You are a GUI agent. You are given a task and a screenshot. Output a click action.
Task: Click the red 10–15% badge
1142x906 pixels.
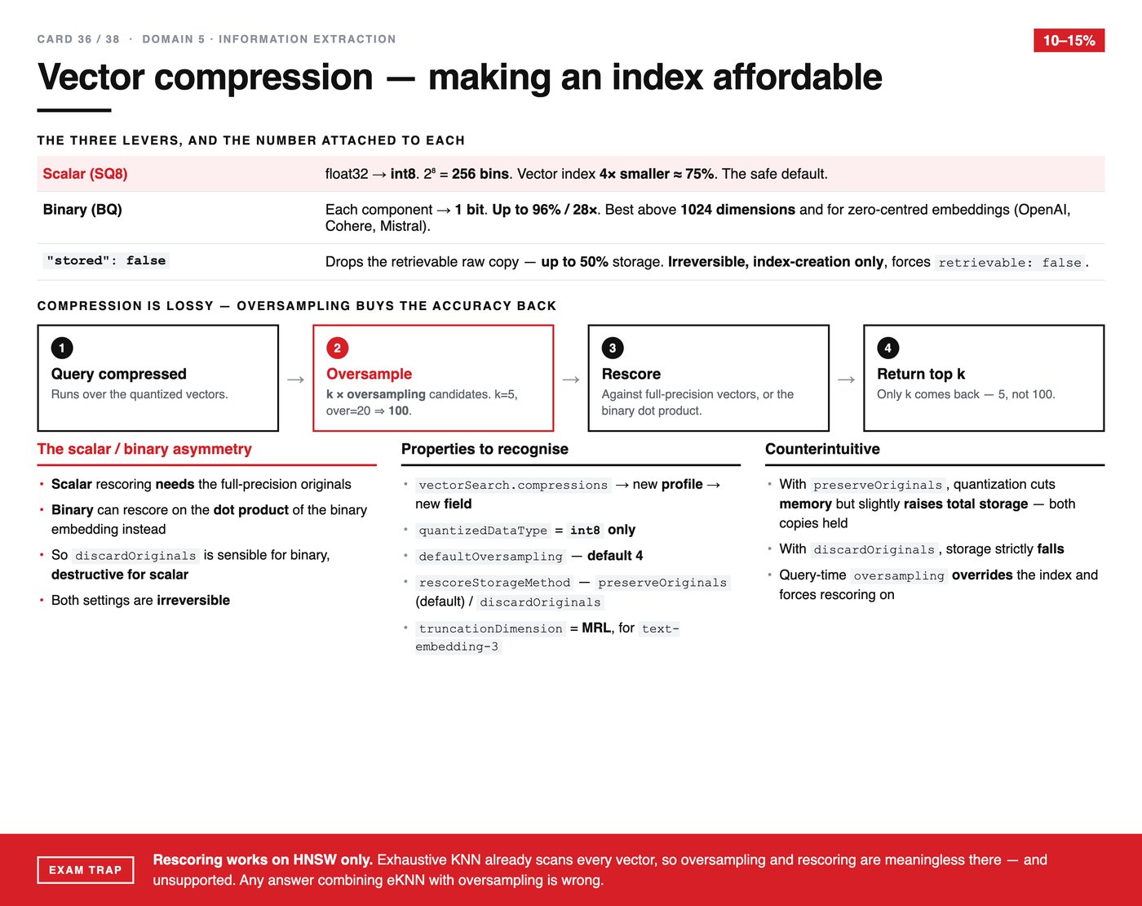tap(1069, 40)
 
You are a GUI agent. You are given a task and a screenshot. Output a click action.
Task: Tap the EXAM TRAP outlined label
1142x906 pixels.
tap(86, 870)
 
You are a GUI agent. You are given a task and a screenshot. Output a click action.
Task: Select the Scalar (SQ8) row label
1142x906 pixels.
tap(85, 174)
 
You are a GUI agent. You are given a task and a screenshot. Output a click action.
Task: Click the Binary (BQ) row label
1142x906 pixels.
tap(82, 209)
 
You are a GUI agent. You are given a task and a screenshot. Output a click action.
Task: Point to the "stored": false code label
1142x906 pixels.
tap(106, 260)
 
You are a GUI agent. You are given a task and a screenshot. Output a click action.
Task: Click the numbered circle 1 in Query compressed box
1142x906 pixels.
tap(62, 348)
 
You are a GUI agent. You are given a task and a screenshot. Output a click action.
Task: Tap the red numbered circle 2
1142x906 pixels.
tap(337, 348)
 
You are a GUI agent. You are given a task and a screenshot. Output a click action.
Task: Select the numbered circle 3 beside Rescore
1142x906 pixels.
tap(613, 348)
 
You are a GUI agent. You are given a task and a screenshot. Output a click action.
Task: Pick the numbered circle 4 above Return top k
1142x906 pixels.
tap(887, 348)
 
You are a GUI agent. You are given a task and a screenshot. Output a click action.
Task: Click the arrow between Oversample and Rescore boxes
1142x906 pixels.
tap(571, 380)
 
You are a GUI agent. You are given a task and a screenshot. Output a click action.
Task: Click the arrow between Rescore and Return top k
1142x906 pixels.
tap(847, 380)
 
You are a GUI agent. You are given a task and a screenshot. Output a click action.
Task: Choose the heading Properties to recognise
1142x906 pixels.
tap(485, 449)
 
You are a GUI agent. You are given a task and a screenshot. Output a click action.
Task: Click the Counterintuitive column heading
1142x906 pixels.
tap(822, 449)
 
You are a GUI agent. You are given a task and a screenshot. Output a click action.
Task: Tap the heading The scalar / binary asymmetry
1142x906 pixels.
tap(144, 449)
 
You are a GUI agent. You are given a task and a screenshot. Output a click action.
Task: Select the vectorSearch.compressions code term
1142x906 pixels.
tap(513, 485)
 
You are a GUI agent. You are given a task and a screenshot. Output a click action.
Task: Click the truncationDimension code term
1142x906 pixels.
tap(490, 628)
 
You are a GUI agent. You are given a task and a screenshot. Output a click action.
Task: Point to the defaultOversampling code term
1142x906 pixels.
tap(490, 556)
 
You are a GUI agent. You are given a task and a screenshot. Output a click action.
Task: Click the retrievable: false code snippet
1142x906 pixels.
tap(1010, 262)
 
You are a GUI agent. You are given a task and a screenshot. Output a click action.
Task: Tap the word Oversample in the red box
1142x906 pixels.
tap(369, 374)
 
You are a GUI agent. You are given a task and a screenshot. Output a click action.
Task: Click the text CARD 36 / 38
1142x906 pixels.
tap(78, 39)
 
